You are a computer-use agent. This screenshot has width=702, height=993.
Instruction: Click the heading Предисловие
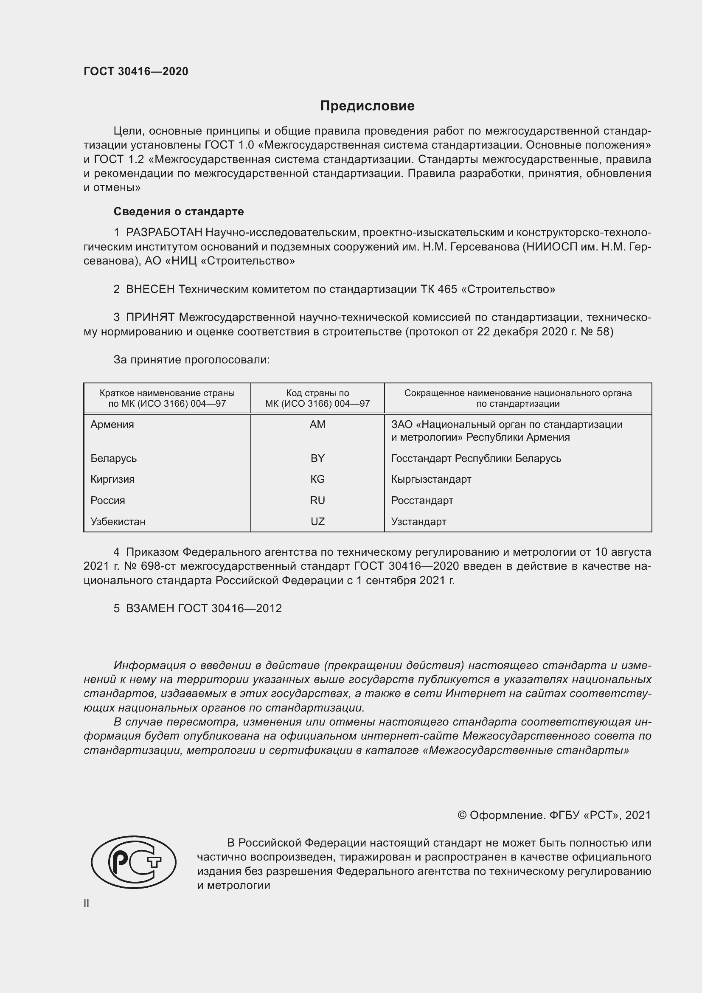[367, 106]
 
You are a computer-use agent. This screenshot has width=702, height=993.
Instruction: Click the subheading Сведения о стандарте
[179, 211]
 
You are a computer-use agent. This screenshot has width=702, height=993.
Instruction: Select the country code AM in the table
[317, 425]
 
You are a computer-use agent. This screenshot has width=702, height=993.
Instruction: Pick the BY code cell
[317, 459]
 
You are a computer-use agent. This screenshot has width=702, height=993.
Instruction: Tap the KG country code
[317, 479]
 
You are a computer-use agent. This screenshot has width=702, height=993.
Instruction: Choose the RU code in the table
[317, 501]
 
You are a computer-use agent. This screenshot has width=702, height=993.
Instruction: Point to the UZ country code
[317, 522]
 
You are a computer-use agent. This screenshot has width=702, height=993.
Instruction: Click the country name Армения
[112, 425]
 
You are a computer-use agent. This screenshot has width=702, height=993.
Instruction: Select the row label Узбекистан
[118, 522]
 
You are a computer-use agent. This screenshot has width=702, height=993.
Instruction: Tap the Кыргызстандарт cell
[431, 479]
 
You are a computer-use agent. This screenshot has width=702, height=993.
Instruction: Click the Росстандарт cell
[422, 501]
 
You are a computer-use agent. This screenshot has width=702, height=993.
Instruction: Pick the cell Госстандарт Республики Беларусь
[476, 459]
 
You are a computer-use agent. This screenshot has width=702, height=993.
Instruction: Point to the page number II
[87, 903]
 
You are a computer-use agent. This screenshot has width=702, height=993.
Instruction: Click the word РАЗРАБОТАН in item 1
[164, 233]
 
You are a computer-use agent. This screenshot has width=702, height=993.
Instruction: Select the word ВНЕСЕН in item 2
[150, 290]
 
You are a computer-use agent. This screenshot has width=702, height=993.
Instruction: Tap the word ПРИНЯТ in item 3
[150, 318]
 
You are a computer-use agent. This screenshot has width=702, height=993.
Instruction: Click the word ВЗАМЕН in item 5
[150, 608]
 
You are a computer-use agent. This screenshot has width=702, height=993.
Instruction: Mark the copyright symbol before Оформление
[462, 815]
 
